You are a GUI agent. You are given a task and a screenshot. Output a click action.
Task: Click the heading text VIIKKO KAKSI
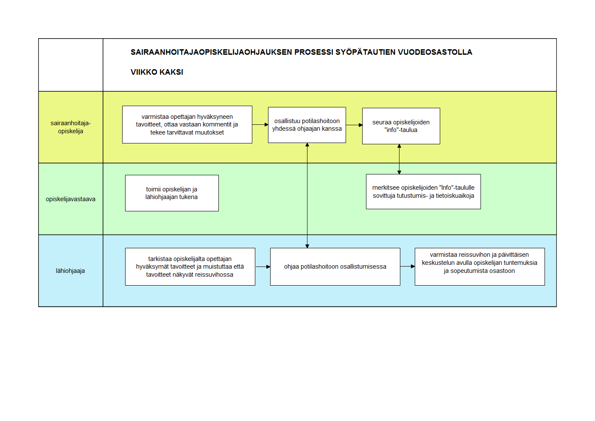tap(157, 72)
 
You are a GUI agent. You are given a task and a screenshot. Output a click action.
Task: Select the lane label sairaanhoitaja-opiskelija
tap(71, 127)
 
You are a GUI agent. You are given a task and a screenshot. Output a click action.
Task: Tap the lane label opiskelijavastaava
tap(70, 199)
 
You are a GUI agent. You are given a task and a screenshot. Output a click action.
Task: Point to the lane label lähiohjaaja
tap(70, 271)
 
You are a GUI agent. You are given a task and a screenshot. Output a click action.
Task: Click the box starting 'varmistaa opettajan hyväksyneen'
tap(187, 124)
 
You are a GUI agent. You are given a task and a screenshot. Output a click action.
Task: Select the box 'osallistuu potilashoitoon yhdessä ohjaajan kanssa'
tap(307, 125)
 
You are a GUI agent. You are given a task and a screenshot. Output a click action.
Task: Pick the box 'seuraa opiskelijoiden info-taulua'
tap(401, 126)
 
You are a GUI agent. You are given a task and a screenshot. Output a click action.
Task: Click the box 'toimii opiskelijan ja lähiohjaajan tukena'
tap(172, 193)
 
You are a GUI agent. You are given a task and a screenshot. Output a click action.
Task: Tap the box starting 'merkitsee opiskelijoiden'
tap(423, 192)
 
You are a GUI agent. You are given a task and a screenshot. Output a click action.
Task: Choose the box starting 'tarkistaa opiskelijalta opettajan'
tap(190, 267)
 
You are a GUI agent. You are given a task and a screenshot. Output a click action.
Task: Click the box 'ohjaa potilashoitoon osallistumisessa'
tap(335, 267)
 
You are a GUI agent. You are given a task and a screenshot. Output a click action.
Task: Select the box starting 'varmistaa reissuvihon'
tap(480, 267)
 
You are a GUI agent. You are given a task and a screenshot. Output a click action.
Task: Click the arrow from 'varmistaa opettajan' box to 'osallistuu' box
tap(260, 124)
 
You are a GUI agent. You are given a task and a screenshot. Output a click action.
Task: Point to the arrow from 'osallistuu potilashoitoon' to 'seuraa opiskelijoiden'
tap(355, 125)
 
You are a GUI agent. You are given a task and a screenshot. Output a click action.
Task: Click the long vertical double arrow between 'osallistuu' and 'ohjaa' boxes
tap(307, 195)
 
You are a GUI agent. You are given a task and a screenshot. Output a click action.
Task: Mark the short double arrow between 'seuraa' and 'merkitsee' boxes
tap(399, 159)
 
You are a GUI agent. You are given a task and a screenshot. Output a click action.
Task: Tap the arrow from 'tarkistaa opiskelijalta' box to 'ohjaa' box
tap(263, 267)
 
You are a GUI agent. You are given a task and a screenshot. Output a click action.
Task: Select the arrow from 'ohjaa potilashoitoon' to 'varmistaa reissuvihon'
tap(408, 266)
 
